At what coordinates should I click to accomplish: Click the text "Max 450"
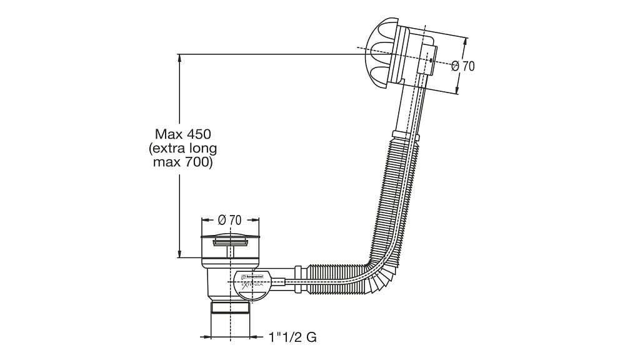click(183, 134)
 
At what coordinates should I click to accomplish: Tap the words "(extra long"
click(183, 149)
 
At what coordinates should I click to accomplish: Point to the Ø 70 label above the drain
click(229, 219)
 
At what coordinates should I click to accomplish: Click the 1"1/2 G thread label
click(292, 337)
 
